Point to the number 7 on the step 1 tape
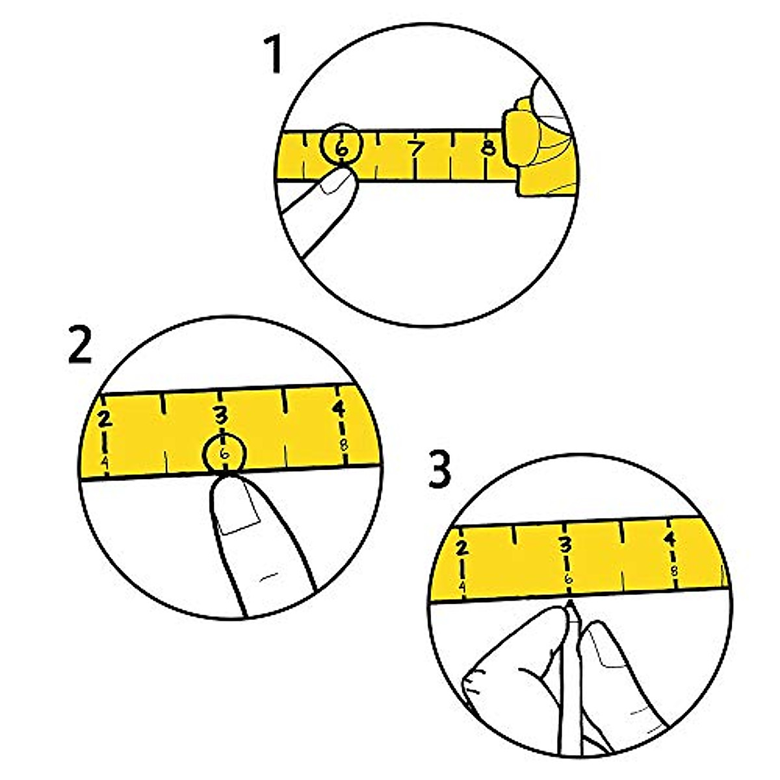[416, 149]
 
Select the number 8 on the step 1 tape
[489, 147]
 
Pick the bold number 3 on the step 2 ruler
[222, 415]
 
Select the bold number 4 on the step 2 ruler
[339, 409]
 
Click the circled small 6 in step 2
[224, 454]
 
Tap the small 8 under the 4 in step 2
[343, 445]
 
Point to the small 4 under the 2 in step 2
[104, 460]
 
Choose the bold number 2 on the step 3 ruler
[461, 547]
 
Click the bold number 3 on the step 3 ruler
[565, 543]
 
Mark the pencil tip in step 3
[570, 604]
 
